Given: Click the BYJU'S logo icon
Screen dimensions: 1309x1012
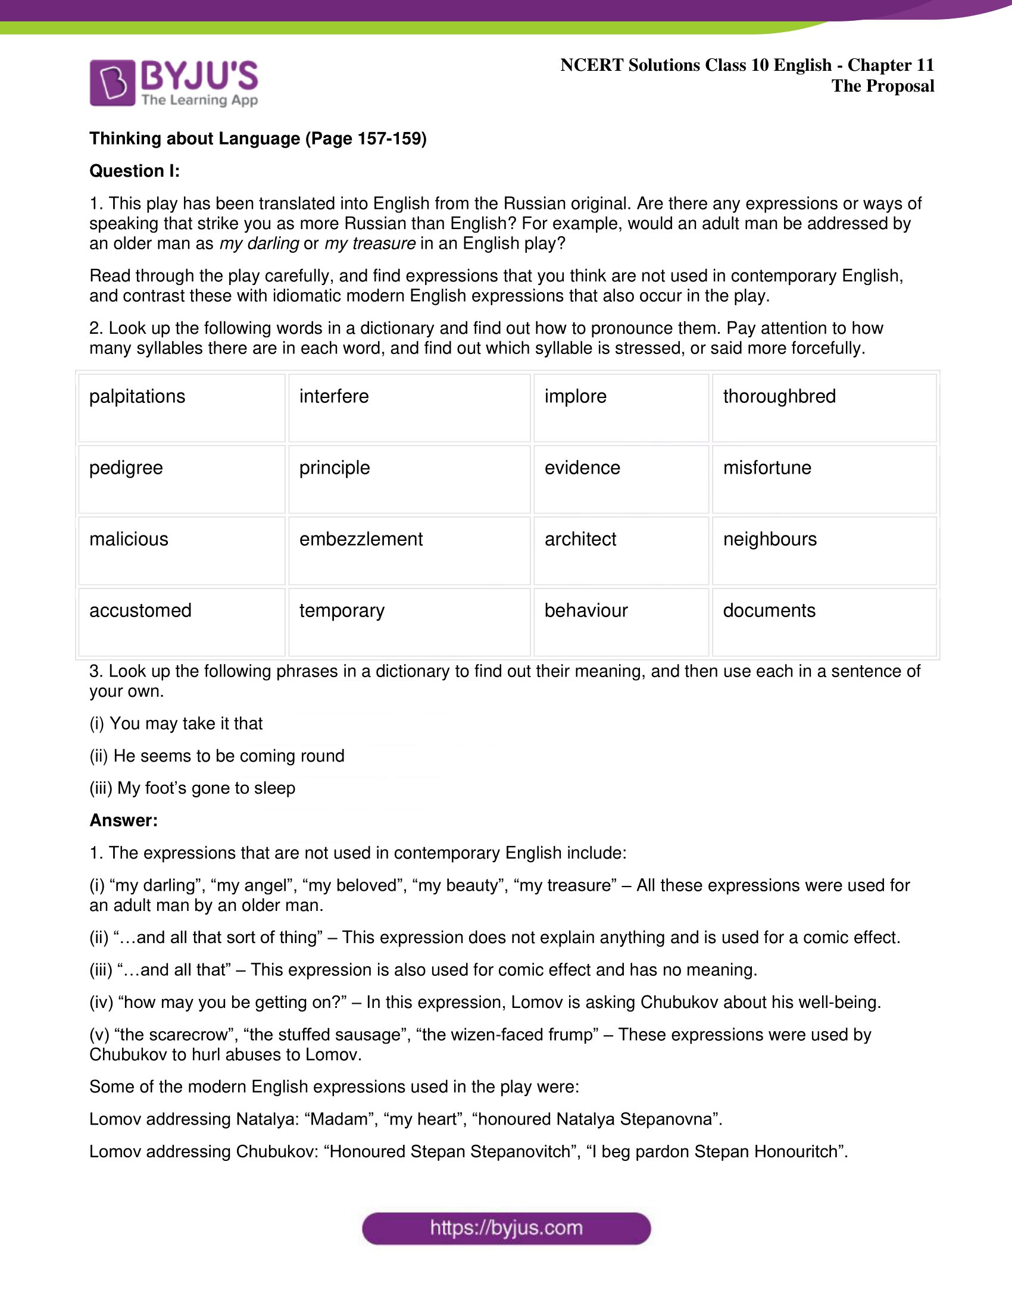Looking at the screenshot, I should pyautogui.click(x=112, y=83).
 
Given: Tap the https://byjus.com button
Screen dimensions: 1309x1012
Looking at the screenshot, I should pyautogui.click(x=506, y=1228).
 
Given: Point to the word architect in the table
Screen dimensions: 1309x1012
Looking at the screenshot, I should pyautogui.click(x=580, y=539).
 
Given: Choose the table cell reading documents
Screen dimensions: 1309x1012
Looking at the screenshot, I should pyautogui.click(x=769, y=610).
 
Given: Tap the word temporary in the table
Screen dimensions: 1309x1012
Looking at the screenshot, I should pyautogui.click(x=342, y=610).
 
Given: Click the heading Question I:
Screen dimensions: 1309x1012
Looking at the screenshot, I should pyautogui.click(x=135, y=171).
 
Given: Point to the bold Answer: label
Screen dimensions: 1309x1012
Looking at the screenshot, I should pyautogui.click(x=123, y=820).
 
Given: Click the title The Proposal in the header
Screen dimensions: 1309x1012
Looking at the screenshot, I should pyautogui.click(x=882, y=86).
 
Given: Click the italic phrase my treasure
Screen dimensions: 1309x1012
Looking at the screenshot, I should pyautogui.click(x=370, y=243).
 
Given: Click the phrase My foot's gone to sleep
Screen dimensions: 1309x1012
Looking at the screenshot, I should pyautogui.click(x=205, y=788).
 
